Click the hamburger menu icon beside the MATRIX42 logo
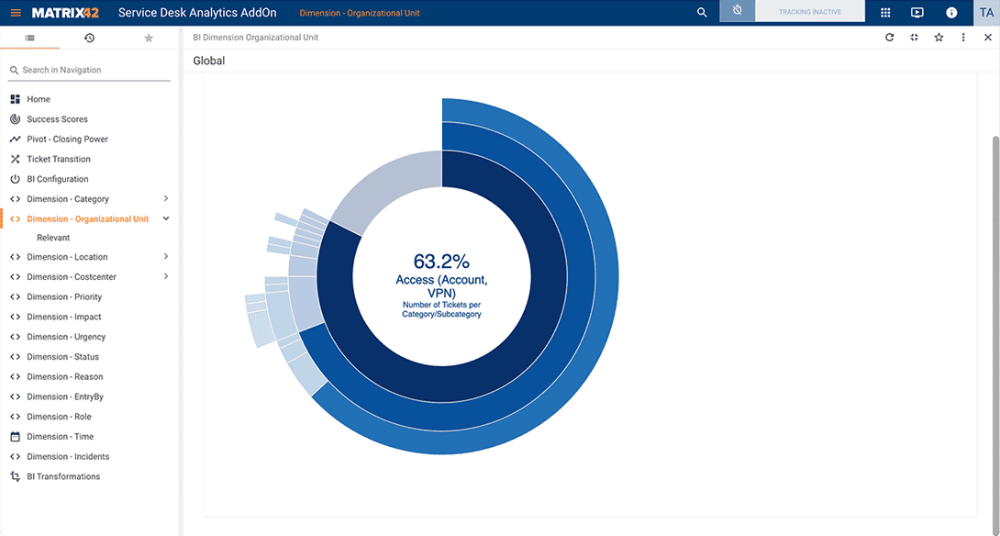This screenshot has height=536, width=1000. (x=16, y=13)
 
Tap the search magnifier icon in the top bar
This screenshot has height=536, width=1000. (x=702, y=13)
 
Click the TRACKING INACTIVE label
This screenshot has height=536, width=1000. (x=809, y=13)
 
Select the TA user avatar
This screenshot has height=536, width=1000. (x=986, y=13)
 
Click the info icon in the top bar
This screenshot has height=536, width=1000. (x=951, y=13)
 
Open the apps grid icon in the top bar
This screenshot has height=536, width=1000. (x=885, y=13)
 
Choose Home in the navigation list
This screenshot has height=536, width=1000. (x=39, y=99)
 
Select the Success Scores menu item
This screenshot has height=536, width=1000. (x=57, y=119)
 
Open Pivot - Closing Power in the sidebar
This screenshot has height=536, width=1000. (x=67, y=140)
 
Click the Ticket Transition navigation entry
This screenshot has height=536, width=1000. (x=59, y=160)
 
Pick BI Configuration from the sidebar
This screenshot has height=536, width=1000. (x=58, y=179)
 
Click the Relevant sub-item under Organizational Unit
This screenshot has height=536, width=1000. (x=53, y=238)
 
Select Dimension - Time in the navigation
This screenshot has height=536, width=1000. (x=60, y=437)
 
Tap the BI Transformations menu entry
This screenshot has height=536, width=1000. (x=63, y=476)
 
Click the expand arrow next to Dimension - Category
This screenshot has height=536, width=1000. (x=165, y=199)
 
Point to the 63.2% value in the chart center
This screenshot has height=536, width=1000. (x=441, y=261)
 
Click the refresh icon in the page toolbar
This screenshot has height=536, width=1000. (x=889, y=38)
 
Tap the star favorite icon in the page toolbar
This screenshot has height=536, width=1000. (x=939, y=38)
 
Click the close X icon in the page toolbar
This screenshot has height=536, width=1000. (x=988, y=38)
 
